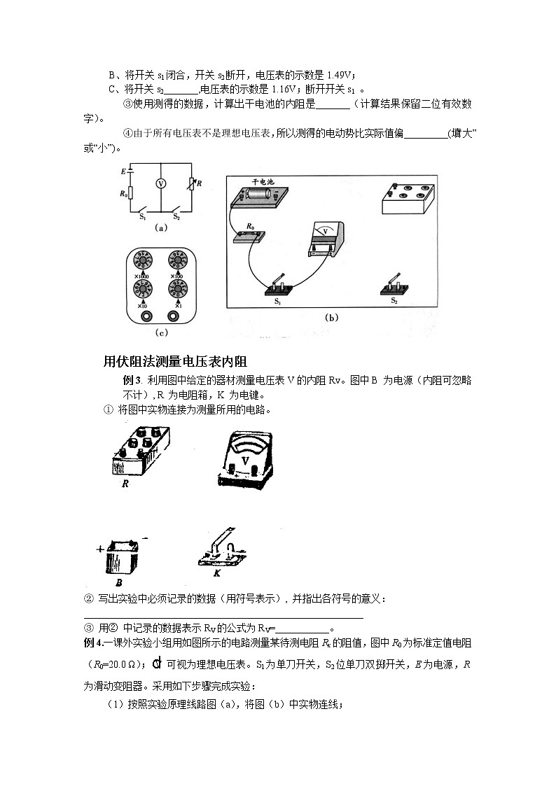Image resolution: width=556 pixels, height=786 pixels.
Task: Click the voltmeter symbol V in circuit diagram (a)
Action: [x=160, y=183]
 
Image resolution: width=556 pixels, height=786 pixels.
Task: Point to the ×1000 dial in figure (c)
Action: [x=142, y=262]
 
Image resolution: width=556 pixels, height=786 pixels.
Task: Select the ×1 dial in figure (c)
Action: [x=176, y=290]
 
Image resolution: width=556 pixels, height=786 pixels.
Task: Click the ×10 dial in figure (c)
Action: [x=142, y=290]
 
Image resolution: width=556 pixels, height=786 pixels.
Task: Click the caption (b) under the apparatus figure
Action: [x=331, y=318]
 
